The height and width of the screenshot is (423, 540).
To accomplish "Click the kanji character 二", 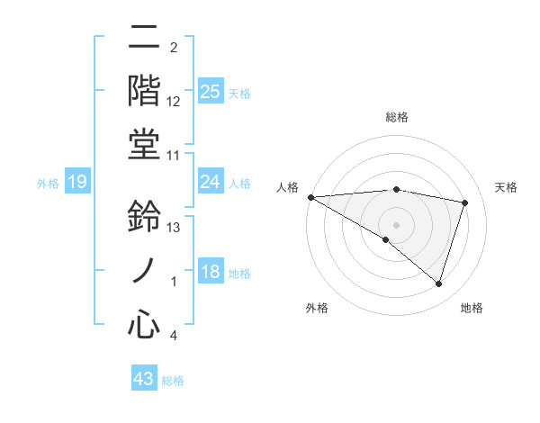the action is pyautogui.click(x=144, y=39).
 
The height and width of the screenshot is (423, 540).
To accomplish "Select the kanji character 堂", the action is pyautogui.click(x=144, y=144).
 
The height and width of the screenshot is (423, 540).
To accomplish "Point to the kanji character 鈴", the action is pyautogui.click(x=144, y=217).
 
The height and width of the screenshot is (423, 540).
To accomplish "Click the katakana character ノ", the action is pyautogui.click(x=144, y=270).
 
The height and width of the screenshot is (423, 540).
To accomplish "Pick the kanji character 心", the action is pyautogui.click(x=144, y=323).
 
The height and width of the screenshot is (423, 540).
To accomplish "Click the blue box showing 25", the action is pyautogui.click(x=211, y=92).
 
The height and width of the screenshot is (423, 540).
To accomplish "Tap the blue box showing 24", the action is pyautogui.click(x=211, y=183).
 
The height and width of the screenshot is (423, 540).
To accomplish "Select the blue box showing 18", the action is pyautogui.click(x=211, y=272).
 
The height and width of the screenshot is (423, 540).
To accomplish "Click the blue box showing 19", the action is pyautogui.click(x=77, y=183).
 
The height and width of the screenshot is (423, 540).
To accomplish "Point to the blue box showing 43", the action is pyautogui.click(x=144, y=379).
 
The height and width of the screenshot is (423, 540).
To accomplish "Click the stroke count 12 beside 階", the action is pyautogui.click(x=174, y=102).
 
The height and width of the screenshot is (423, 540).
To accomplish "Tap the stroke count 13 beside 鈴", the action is pyautogui.click(x=174, y=228).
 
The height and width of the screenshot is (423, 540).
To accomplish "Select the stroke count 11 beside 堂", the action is pyautogui.click(x=174, y=155).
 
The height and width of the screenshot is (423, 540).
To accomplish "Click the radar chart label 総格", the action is pyautogui.click(x=396, y=117).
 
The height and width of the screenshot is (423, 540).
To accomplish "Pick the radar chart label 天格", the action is pyautogui.click(x=506, y=187).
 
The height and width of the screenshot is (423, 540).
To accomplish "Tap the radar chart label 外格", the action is pyautogui.click(x=317, y=308).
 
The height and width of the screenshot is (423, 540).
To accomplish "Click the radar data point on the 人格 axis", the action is pyautogui.click(x=310, y=197).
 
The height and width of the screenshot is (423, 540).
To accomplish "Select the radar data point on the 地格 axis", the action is pyautogui.click(x=438, y=283).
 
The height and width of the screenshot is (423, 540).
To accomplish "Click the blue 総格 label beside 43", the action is pyautogui.click(x=173, y=381).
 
